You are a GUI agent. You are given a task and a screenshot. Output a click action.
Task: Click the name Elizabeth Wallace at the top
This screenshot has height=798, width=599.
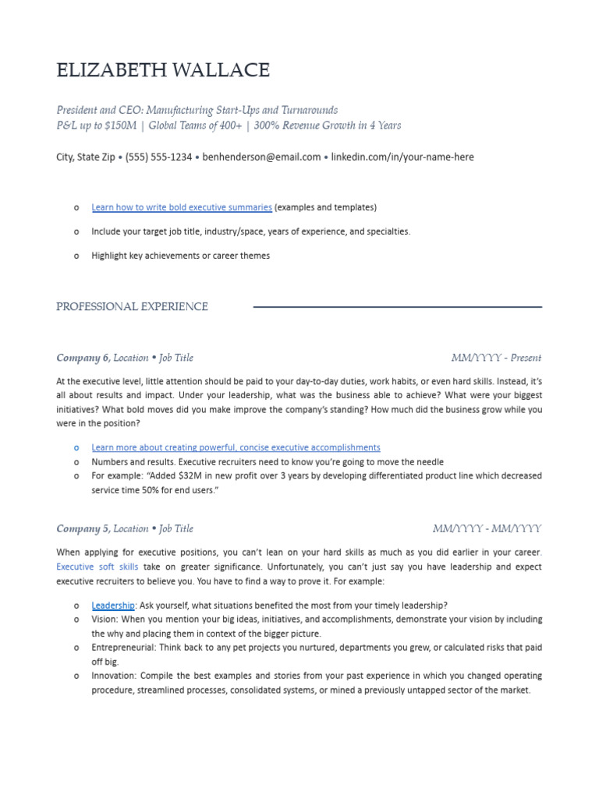click(163, 71)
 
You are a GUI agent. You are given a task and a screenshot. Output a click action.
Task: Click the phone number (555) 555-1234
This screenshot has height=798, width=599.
click(158, 157)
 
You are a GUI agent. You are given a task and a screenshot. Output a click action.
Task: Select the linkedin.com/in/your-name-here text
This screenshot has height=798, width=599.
click(402, 157)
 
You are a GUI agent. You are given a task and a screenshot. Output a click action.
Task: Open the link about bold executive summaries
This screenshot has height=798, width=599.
click(182, 207)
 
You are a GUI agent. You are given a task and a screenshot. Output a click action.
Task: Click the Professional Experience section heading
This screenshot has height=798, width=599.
click(132, 307)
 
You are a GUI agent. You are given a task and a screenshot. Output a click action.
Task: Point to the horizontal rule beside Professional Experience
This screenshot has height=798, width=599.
click(398, 307)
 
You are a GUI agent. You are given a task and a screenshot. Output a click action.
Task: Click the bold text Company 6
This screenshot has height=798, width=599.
click(83, 358)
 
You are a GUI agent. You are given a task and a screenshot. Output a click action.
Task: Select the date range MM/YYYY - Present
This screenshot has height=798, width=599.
click(496, 358)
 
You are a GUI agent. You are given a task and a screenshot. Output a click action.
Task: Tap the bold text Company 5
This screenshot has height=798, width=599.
click(83, 528)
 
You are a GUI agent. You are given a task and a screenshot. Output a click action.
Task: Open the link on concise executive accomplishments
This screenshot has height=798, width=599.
click(236, 447)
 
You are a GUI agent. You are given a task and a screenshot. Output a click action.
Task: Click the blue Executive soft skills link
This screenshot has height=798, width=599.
click(97, 567)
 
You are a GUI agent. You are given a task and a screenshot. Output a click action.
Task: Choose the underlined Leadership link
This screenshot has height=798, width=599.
click(113, 606)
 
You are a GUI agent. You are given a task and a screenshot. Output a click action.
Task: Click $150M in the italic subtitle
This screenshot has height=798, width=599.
click(121, 125)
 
